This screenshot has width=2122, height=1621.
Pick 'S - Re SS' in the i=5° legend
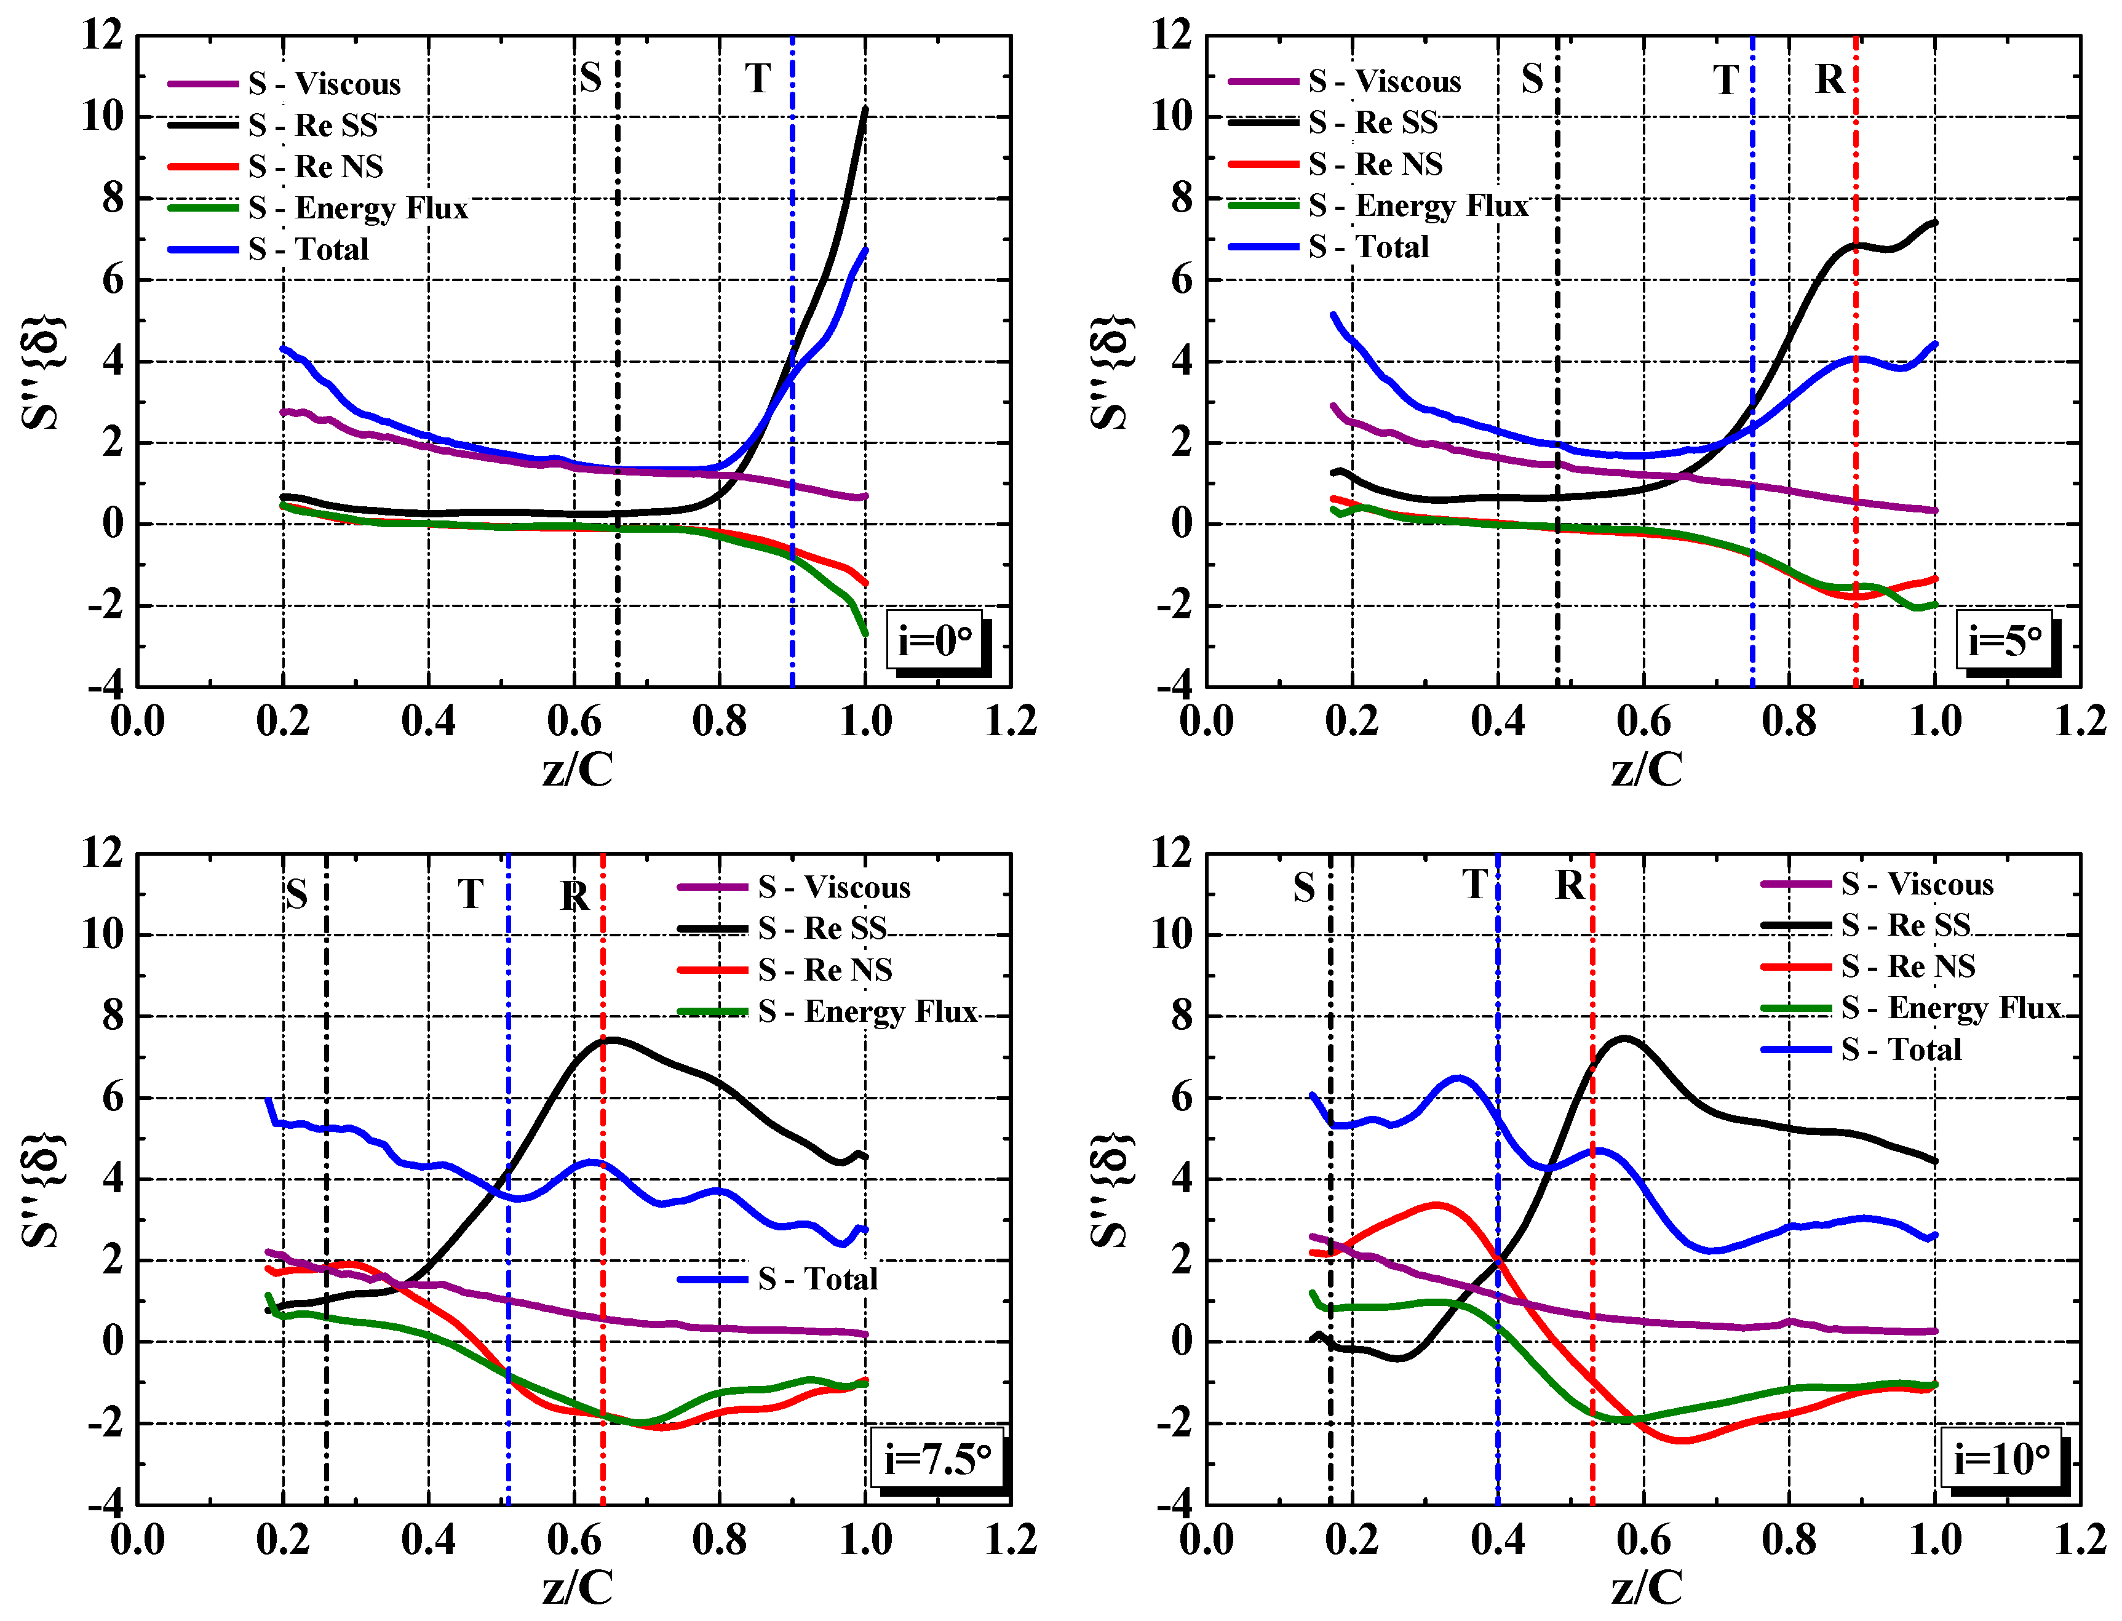tap(1373, 122)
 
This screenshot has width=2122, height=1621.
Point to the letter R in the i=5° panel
tap(1829, 79)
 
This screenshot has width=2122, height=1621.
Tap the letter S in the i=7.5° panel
tap(296, 894)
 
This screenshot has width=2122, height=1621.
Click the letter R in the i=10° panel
tap(1568, 885)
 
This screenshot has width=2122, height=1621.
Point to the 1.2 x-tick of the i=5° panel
tap(2078, 721)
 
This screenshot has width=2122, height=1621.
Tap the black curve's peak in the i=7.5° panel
tap(611, 1039)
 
